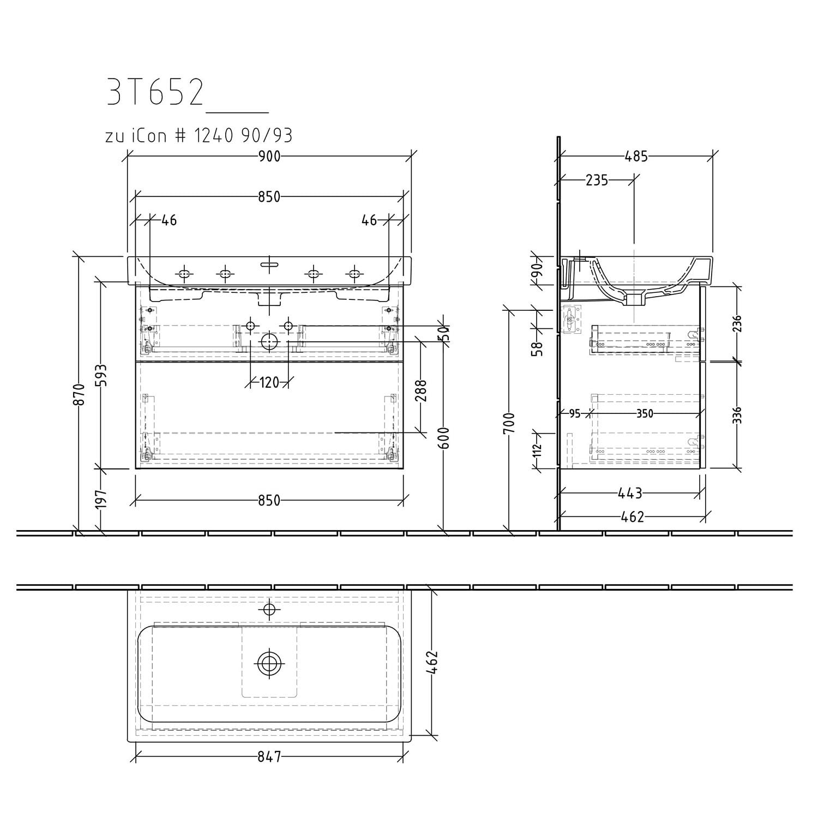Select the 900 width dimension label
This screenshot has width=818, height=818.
269,157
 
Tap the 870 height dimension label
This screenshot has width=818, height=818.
80,395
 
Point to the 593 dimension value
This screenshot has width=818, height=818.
102,375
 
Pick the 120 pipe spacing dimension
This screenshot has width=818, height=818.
269,383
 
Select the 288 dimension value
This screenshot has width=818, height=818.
420,390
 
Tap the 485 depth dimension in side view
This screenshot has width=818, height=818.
636,157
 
